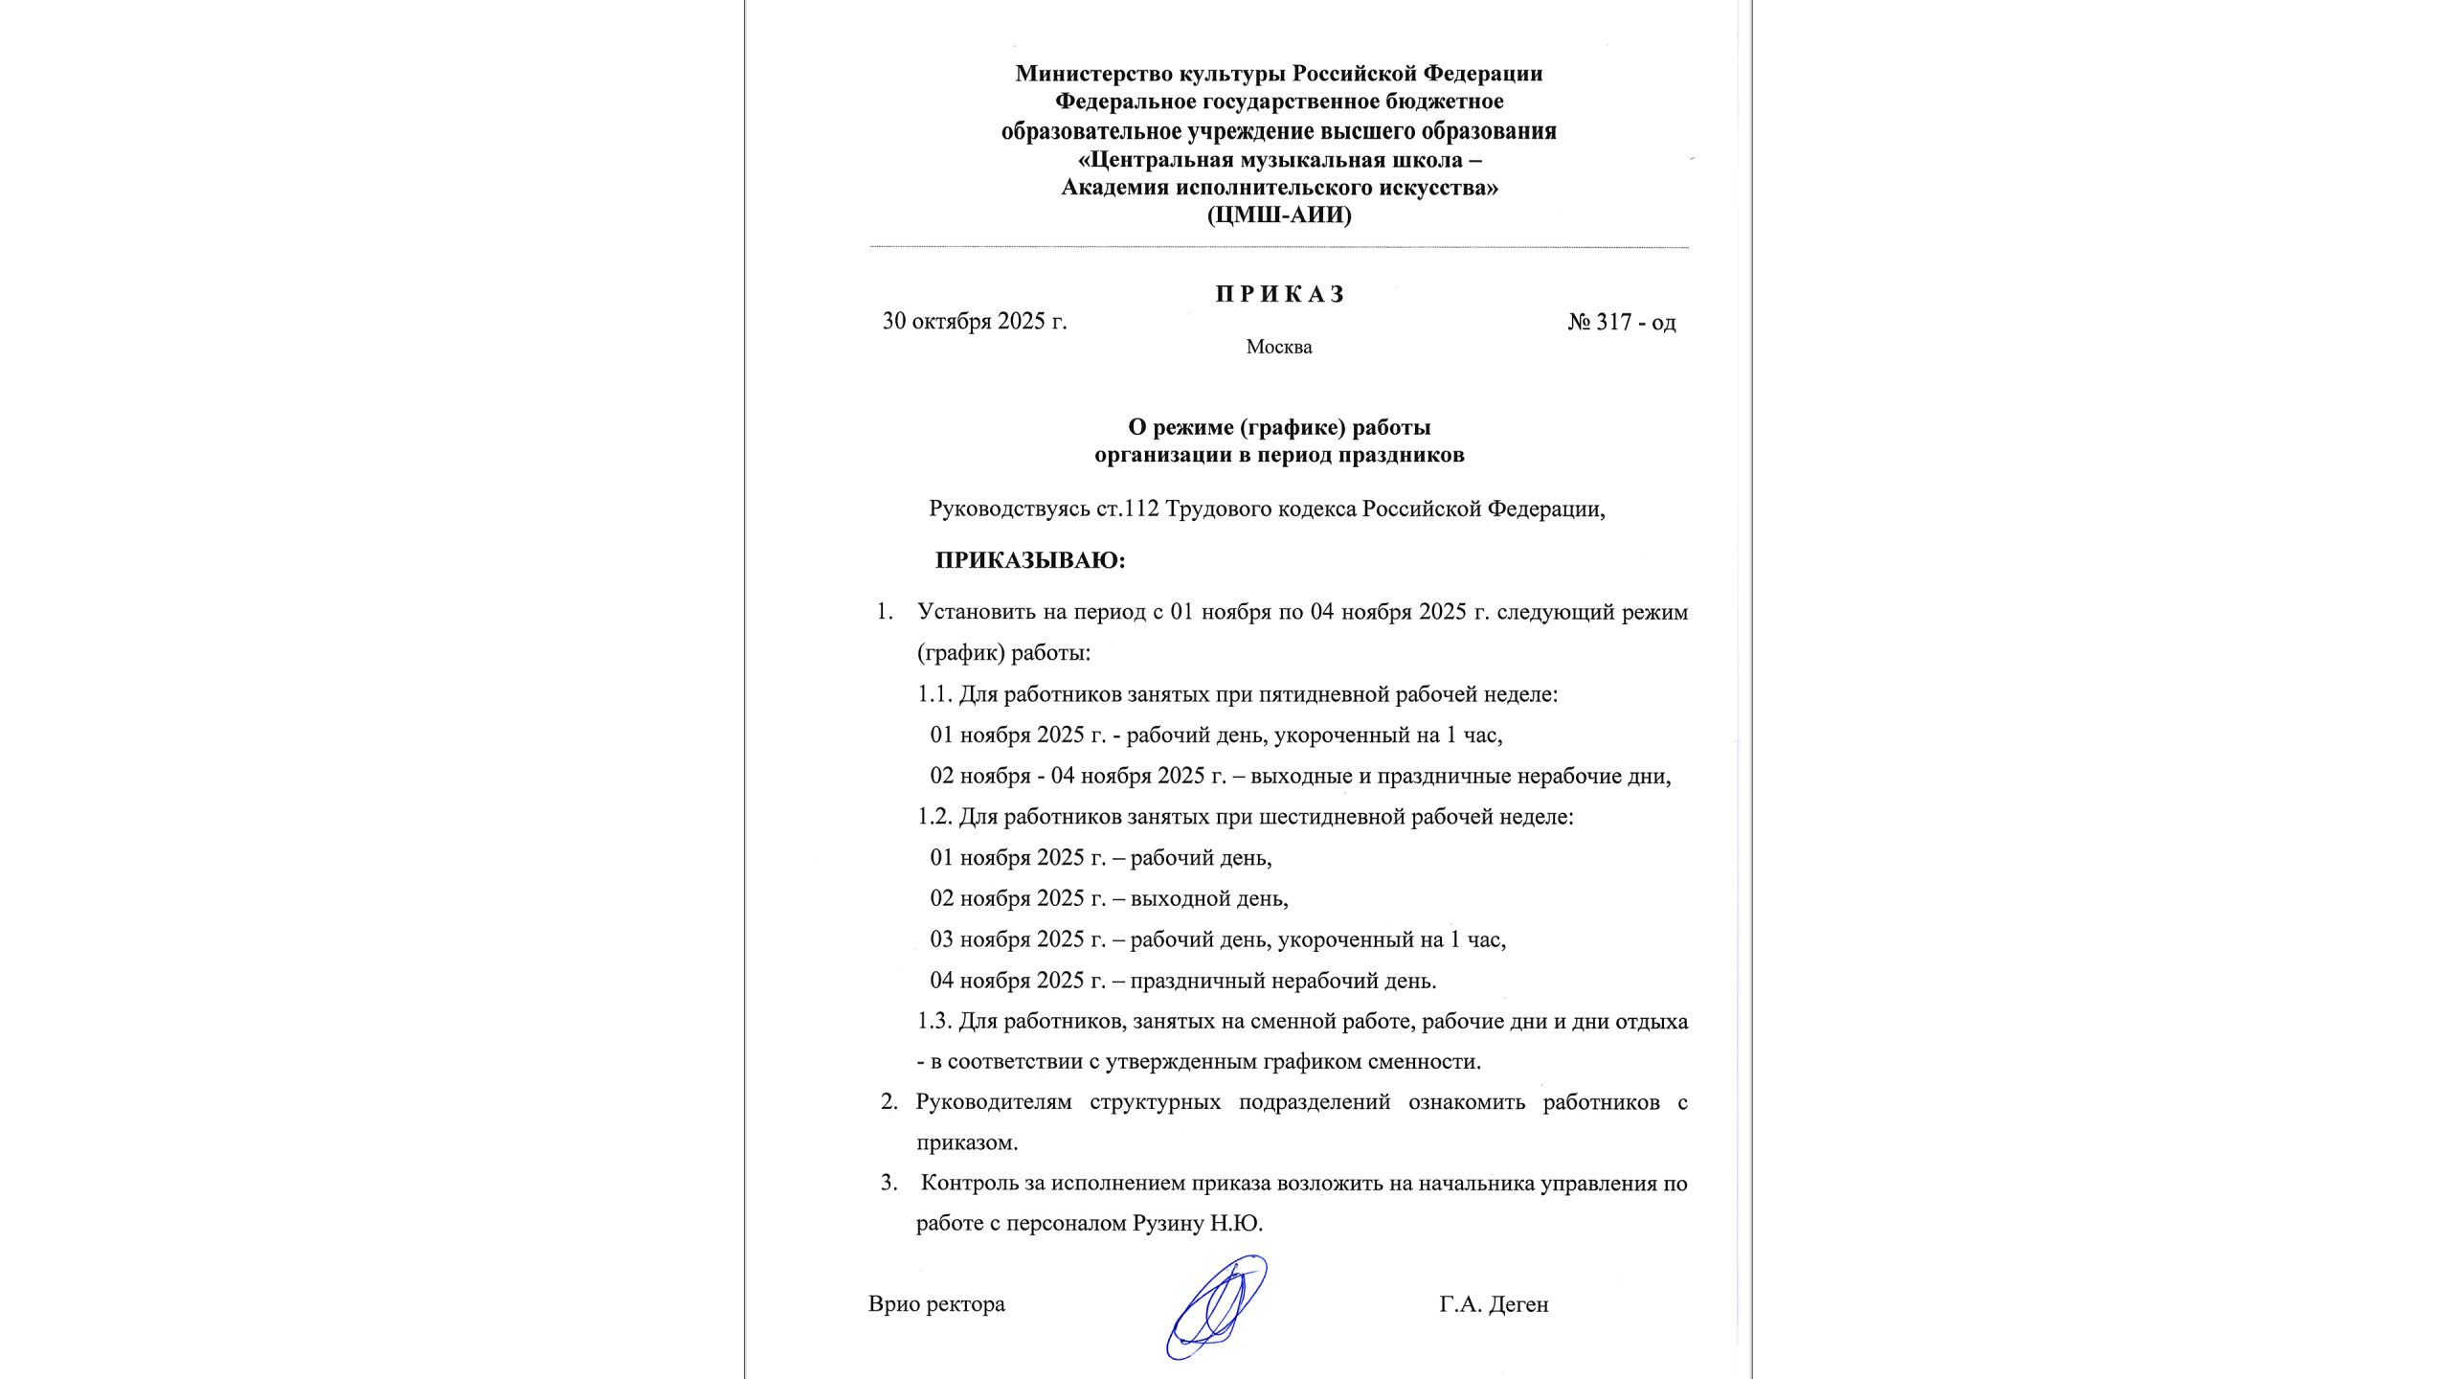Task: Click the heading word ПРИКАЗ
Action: tap(1280, 294)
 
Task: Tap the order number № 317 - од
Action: tap(1621, 323)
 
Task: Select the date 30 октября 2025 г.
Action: tap(974, 322)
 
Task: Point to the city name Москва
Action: tap(1278, 348)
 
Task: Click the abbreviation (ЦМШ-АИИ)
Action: tap(1279, 215)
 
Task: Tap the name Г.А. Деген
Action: tap(1493, 1304)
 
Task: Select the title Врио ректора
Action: tap(936, 1304)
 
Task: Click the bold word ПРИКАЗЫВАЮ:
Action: tap(1029, 560)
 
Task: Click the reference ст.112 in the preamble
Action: tap(1128, 509)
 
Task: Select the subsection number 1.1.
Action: tap(934, 694)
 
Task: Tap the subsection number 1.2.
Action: tap(934, 817)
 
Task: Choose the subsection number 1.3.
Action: tap(934, 1022)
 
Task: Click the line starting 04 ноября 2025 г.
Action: tap(1182, 981)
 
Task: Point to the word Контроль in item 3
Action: tap(969, 1184)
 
